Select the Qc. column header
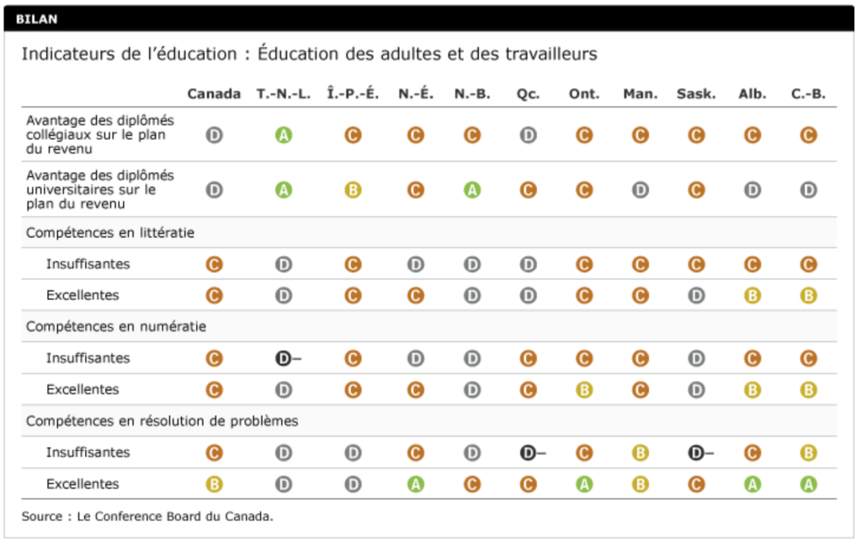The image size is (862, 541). coord(528,94)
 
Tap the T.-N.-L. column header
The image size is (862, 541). coord(284,94)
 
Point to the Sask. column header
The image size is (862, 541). coord(696,94)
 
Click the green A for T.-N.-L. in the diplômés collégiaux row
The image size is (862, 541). coord(284,135)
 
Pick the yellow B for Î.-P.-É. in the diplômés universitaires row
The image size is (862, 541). coord(353,190)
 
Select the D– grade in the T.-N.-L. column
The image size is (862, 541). coord(286,358)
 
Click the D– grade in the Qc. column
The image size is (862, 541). coord(530,453)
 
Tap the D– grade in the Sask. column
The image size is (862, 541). coord(699,453)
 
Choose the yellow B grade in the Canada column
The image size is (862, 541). coord(214,485)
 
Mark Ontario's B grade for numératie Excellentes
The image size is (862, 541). coord(584,390)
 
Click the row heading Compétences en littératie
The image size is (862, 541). coord(110,232)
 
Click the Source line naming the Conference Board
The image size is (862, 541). coord(148,516)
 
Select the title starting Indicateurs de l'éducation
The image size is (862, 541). coord(309,54)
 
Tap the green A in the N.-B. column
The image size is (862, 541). coord(472,190)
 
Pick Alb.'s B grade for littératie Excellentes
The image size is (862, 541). coord(753,296)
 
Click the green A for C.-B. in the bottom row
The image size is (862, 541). coord(809,485)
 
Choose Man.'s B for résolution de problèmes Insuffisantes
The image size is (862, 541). coord(641,453)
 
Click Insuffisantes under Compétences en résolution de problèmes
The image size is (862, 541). coord(88,453)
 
